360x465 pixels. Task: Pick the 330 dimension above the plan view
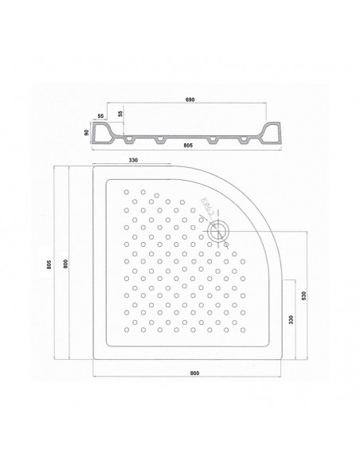(x=134, y=161)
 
